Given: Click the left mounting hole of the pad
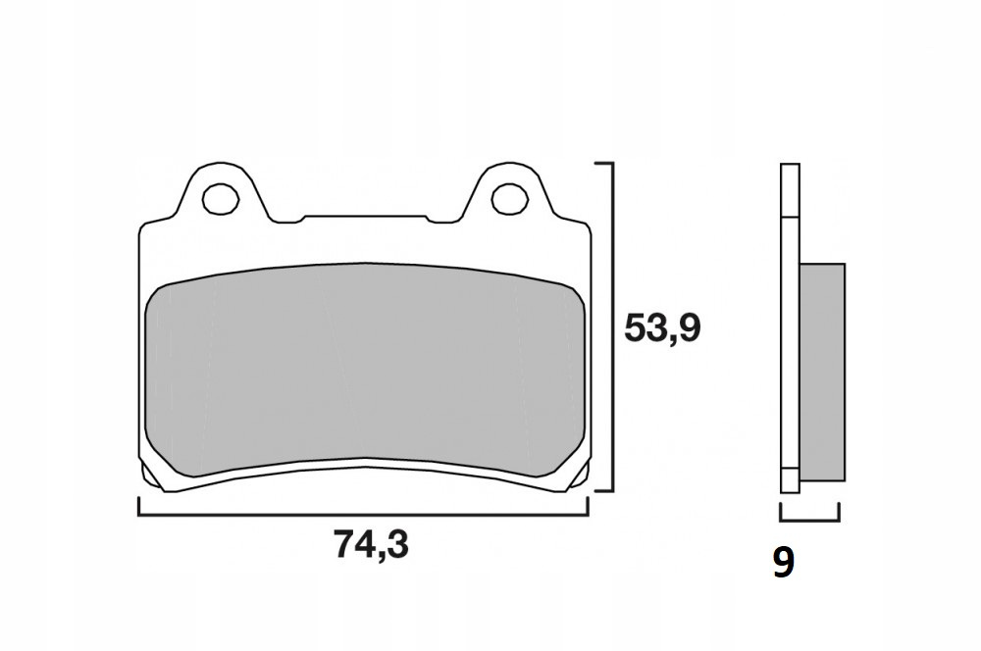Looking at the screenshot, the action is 222,199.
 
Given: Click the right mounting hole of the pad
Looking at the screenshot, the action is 510,199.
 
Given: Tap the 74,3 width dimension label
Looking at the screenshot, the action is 371,544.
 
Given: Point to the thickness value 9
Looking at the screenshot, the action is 783,562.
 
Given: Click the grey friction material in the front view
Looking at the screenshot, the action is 365,369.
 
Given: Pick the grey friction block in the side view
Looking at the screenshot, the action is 822,373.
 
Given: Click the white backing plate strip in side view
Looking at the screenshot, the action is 790,327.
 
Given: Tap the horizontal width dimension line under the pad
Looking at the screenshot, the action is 363,516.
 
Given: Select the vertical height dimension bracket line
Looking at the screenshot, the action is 613,326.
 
